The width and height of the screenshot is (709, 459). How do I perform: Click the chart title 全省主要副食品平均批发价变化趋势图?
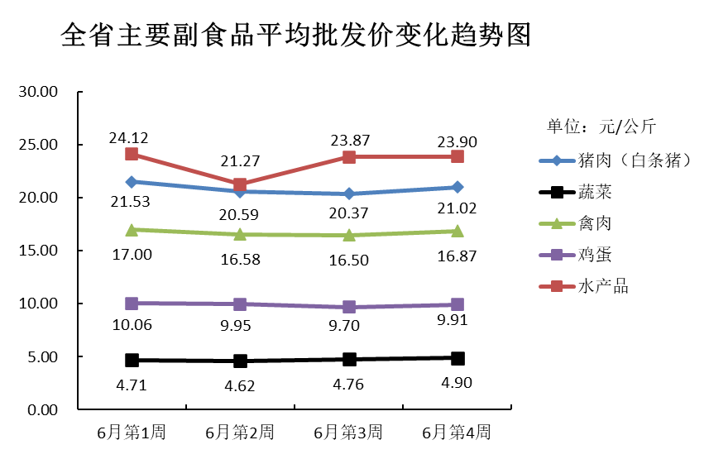(x=295, y=36)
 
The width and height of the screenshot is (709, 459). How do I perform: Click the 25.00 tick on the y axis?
(x=37, y=145)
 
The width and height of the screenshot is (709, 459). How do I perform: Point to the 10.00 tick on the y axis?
(x=37, y=304)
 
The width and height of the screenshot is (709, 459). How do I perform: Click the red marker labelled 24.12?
(x=132, y=154)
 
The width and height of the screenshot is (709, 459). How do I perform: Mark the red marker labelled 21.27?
(x=240, y=184)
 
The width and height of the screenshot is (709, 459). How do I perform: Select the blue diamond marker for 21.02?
(x=457, y=187)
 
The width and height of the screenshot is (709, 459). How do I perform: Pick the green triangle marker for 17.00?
(x=132, y=229)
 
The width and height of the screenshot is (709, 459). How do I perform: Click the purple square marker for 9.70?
(x=348, y=307)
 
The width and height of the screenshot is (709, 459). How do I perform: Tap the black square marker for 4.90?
(x=457, y=358)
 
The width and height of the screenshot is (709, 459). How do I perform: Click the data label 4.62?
(x=240, y=385)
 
